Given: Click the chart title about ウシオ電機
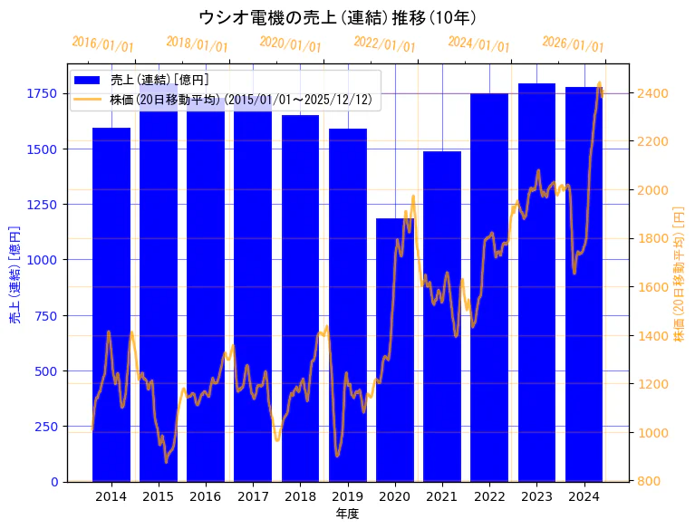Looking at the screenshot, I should pos(337,17).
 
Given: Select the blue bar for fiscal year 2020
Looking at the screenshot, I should pos(395,353).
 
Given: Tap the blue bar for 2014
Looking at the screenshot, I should pos(111,308).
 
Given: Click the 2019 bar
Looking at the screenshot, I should pos(348,308).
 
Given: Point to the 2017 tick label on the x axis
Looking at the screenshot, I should pos(253,496).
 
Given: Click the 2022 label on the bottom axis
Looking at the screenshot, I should pos(489,496).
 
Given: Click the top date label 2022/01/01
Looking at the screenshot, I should pos(384,45).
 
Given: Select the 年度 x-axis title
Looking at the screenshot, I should pos(347,514).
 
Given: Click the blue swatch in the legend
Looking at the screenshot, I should pos(88,81).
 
